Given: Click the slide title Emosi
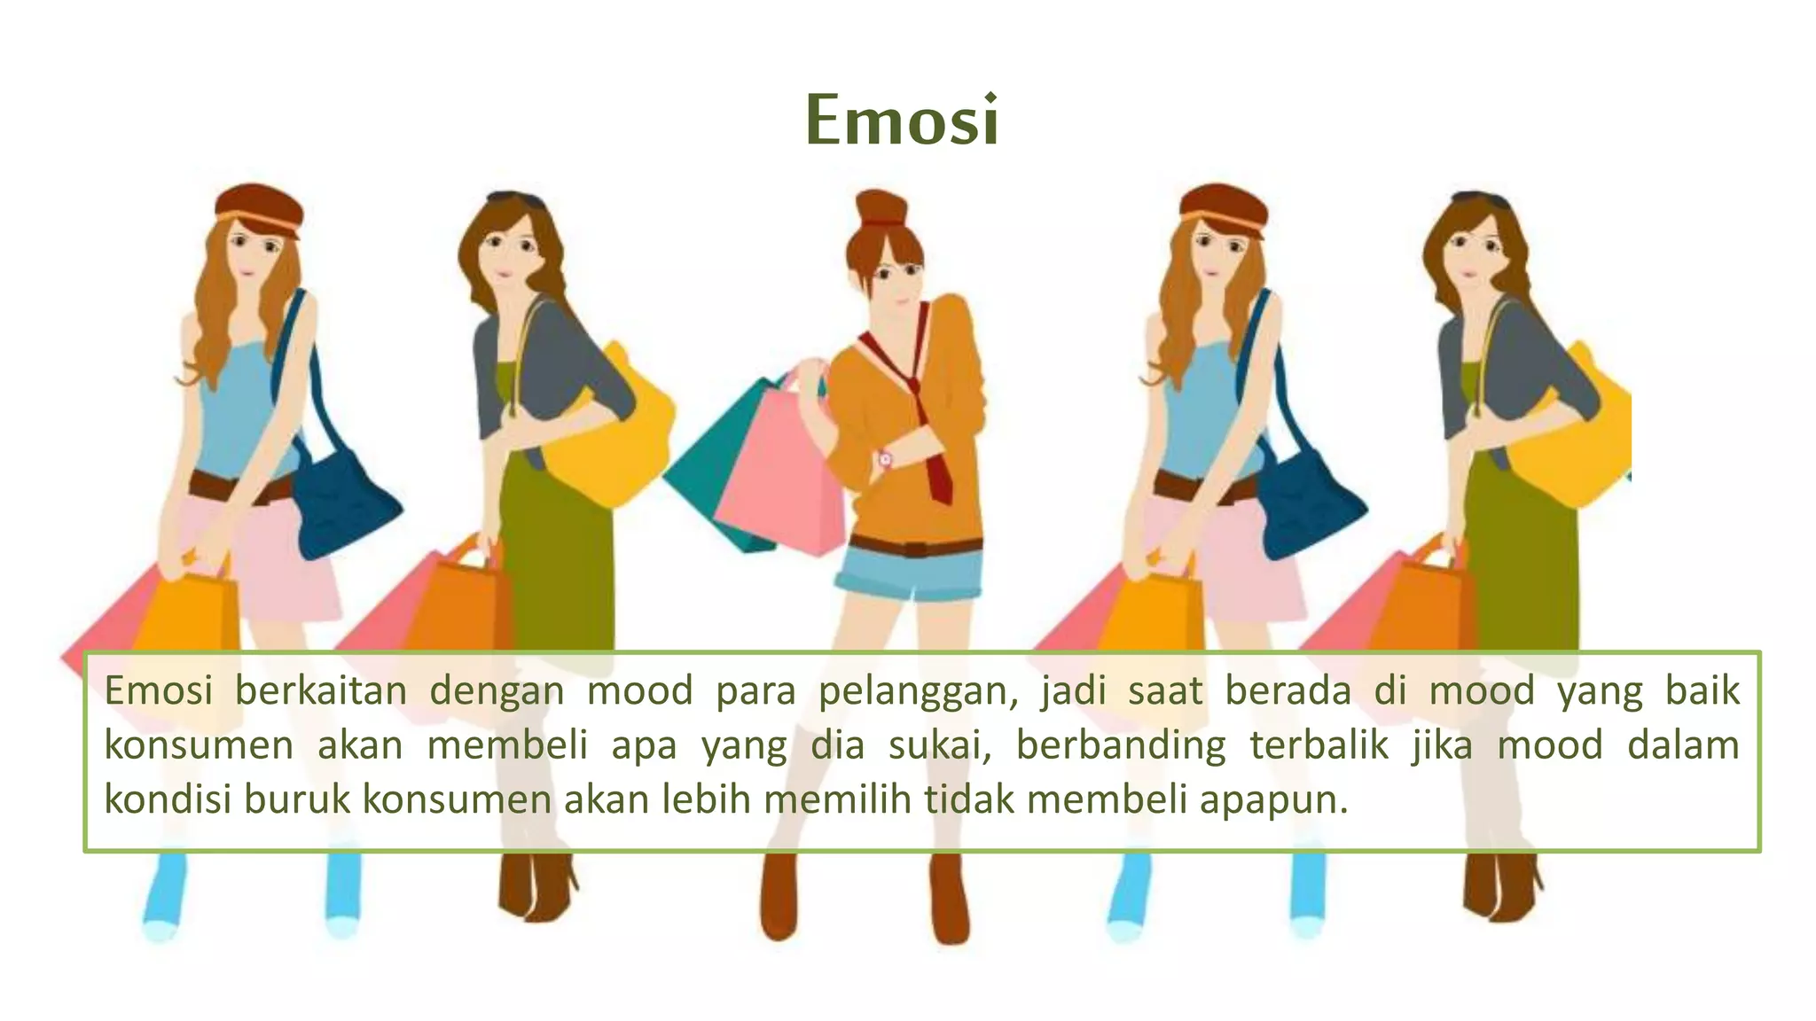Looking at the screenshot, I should tap(903, 121).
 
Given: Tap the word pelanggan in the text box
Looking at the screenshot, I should tap(917, 691).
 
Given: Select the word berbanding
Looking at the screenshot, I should tap(1121, 745).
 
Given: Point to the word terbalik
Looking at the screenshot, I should tap(1319, 745).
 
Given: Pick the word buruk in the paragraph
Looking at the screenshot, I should tap(300, 800).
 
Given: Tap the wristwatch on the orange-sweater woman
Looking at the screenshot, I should tap(884, 459).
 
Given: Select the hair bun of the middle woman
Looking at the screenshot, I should tap(877, 211).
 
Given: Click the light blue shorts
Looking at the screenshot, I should tap(909, 575).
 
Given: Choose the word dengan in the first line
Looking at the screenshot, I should tap(497, 691).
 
